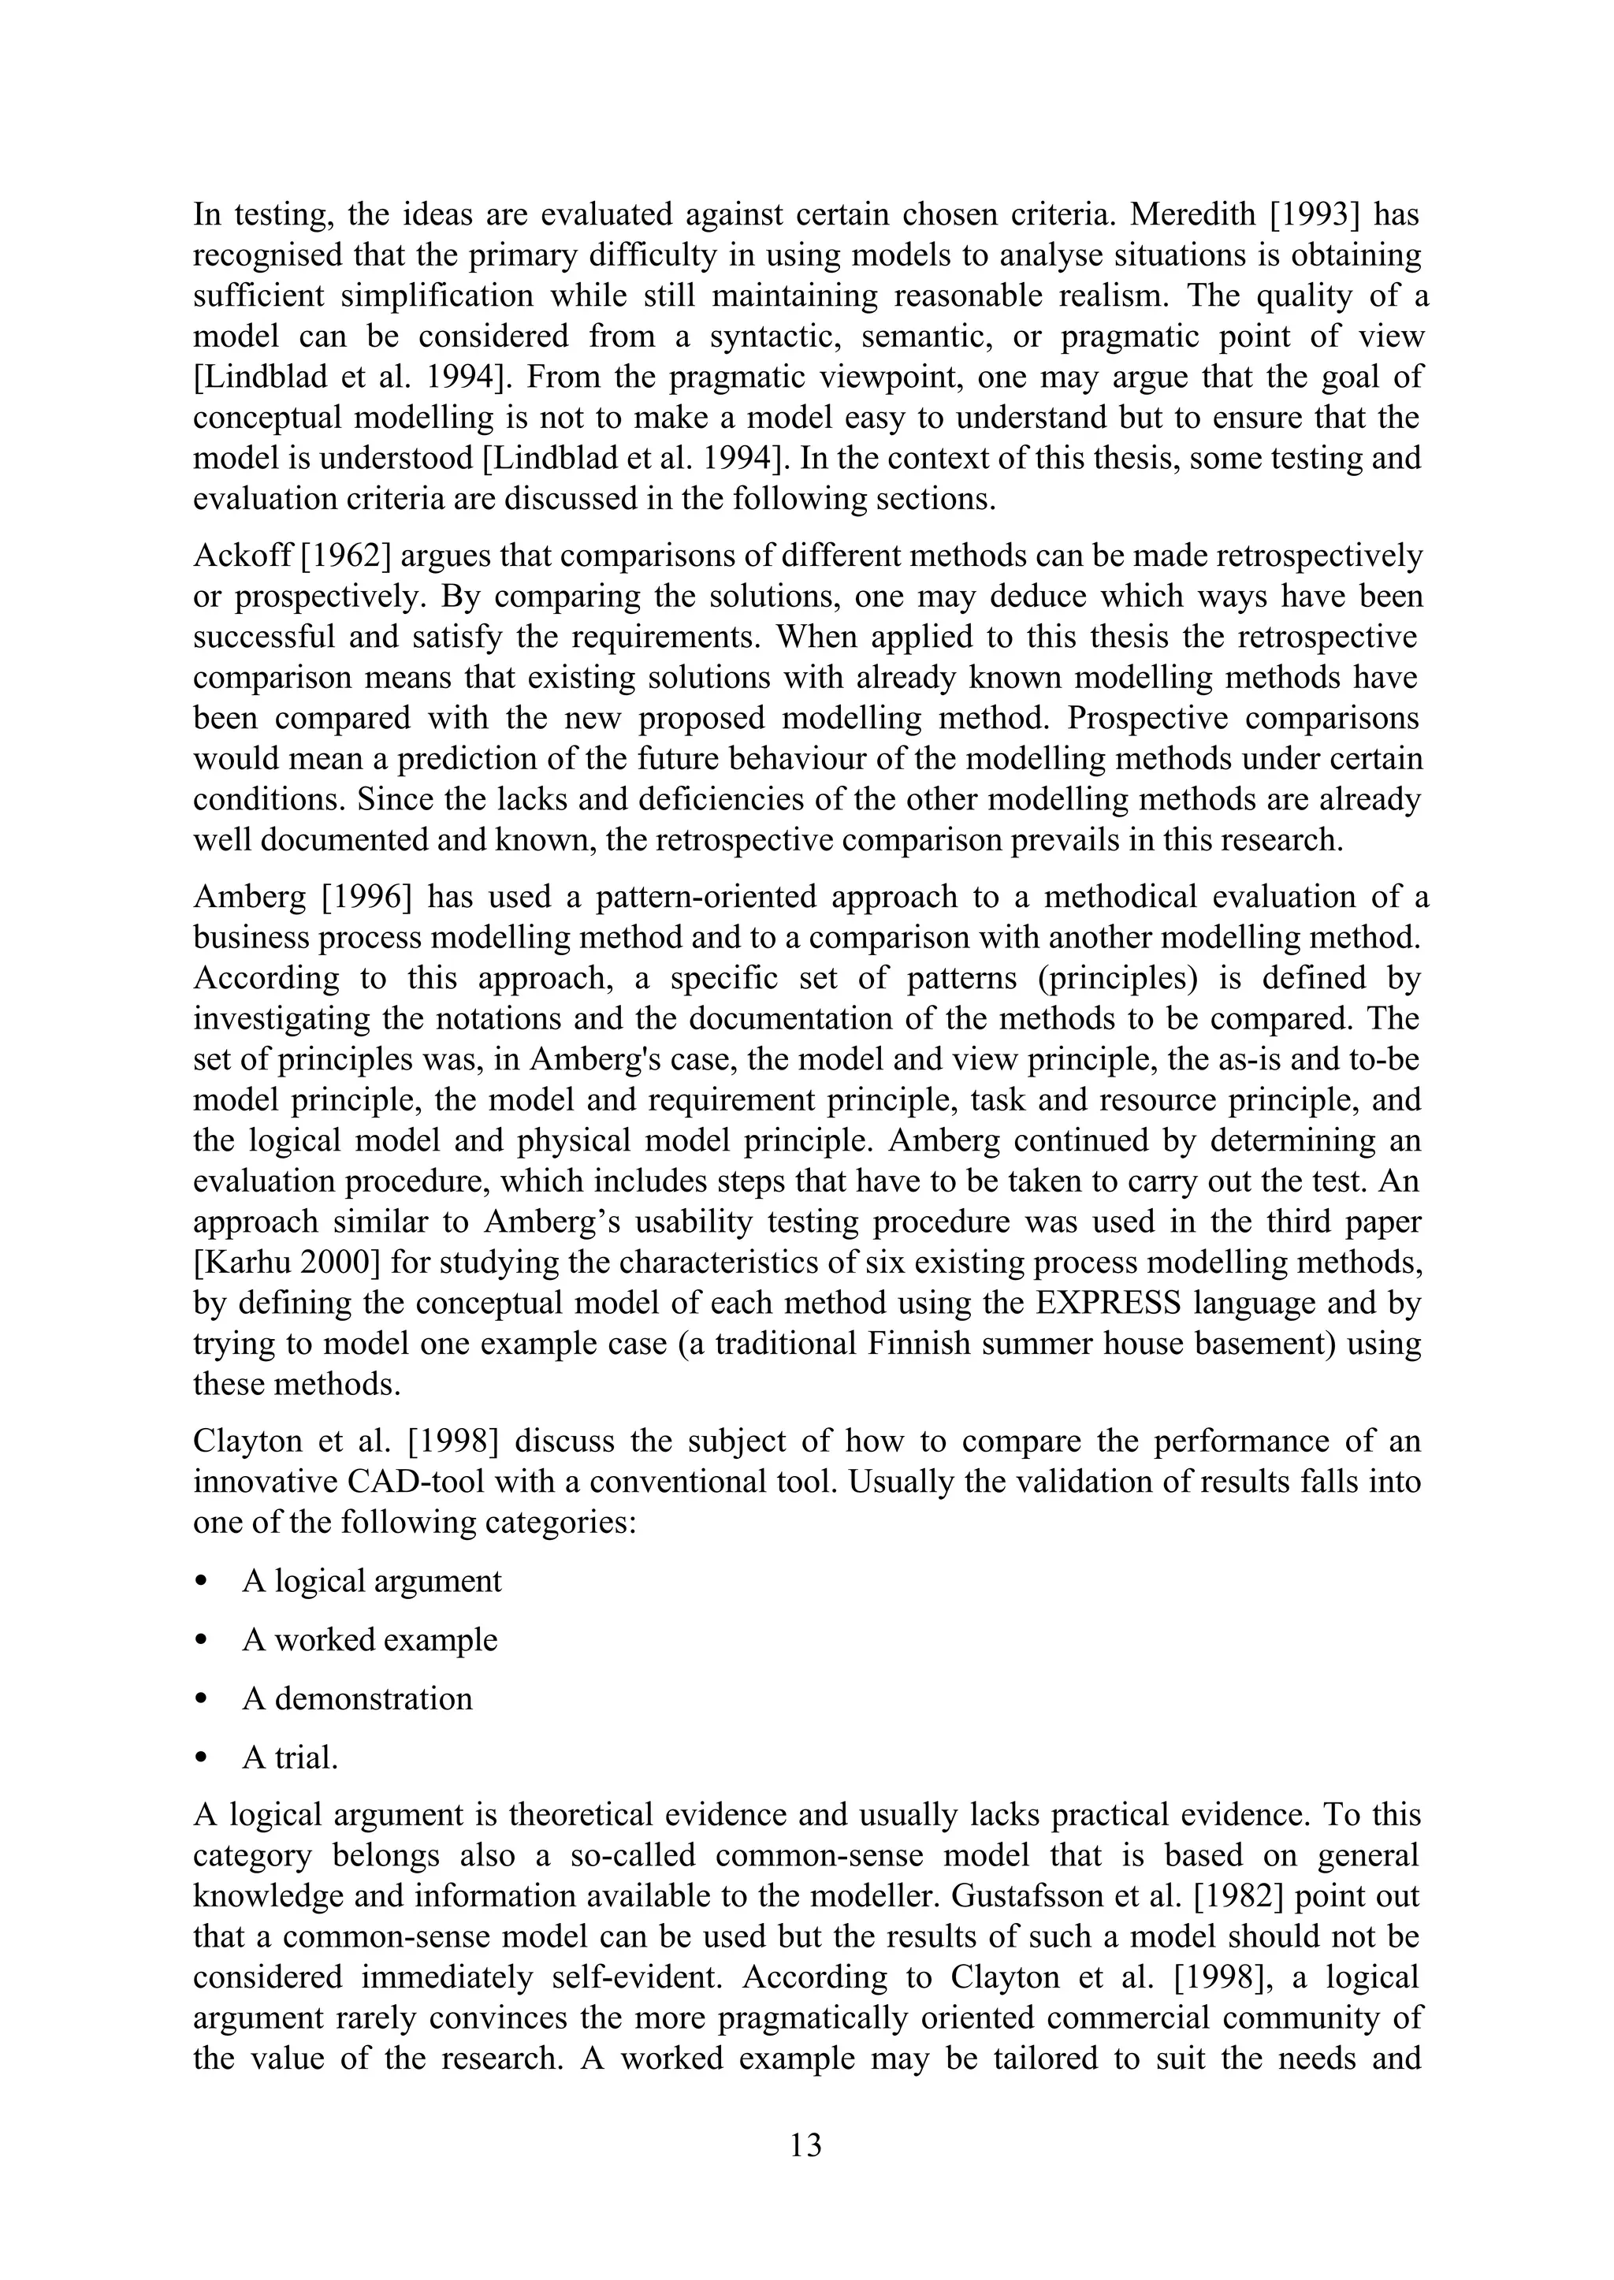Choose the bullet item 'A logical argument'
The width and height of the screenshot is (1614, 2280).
click(x=372, y=1581)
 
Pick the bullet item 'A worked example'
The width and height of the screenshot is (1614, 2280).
click(x=370, y=1640)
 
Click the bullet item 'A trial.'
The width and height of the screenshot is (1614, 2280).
click(x=290, y=1758)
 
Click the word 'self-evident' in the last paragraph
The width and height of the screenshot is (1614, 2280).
click(x=636, y=1978)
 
